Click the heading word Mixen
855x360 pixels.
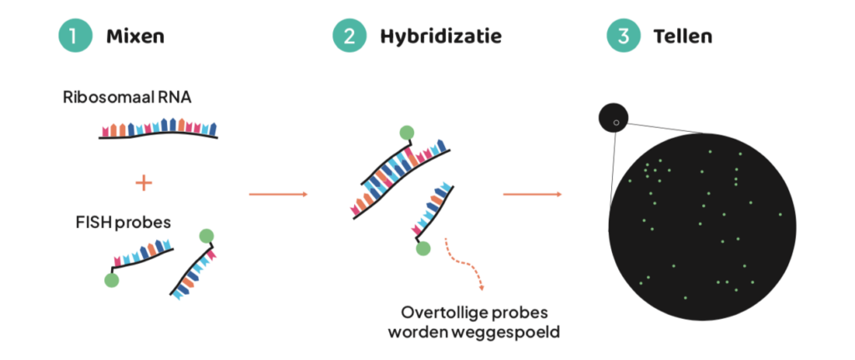tap(134, 37)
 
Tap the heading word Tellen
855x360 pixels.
tap(683, 37)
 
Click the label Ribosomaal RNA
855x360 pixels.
tap(127, 97)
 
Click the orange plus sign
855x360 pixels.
tap(144, 182)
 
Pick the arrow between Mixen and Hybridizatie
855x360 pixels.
tap(278, 195)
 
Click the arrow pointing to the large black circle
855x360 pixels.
tap(531, 195)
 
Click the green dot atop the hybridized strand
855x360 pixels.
tap(407, 132)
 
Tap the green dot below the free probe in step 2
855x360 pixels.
tap(423, 248)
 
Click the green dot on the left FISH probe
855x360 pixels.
tap(112, 280)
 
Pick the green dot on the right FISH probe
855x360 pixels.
tap(205, 236)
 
